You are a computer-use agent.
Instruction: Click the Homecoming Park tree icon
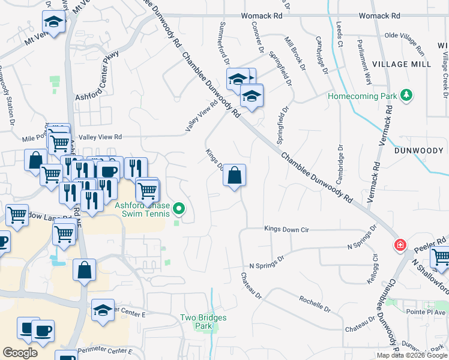click(406, 95)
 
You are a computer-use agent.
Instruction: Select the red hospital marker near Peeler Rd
click(399, 245)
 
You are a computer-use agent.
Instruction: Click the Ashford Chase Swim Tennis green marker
click(179, 209)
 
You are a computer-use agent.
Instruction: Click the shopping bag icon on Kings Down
click(235, 175)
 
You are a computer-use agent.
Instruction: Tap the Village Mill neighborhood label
click(401, 64)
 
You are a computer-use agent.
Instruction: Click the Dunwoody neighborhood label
click(418, 151)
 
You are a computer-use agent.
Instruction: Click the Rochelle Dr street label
click(315, 303)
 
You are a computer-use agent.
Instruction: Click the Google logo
click(20, 353)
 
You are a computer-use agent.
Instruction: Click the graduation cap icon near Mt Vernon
click(53, 23)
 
